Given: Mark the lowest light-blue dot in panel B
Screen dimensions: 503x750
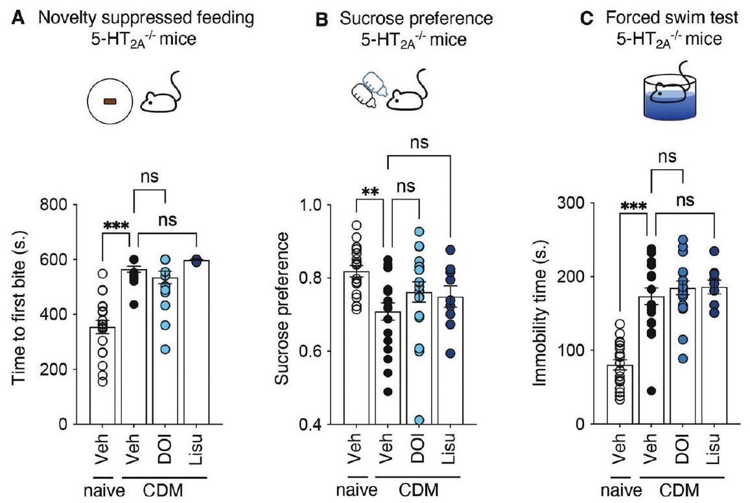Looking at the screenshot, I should click(x=419, y=420).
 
